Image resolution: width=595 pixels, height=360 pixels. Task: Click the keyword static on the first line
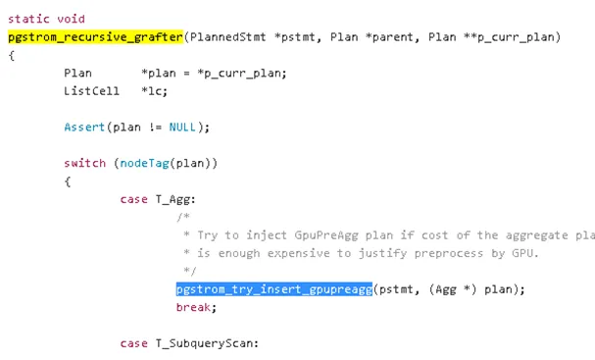click(x=29, y=19)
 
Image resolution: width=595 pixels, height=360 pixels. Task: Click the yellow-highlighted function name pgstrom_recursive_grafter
click(x=95, y=36)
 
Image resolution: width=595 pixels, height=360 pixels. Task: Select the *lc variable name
click(x=152, y=91)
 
